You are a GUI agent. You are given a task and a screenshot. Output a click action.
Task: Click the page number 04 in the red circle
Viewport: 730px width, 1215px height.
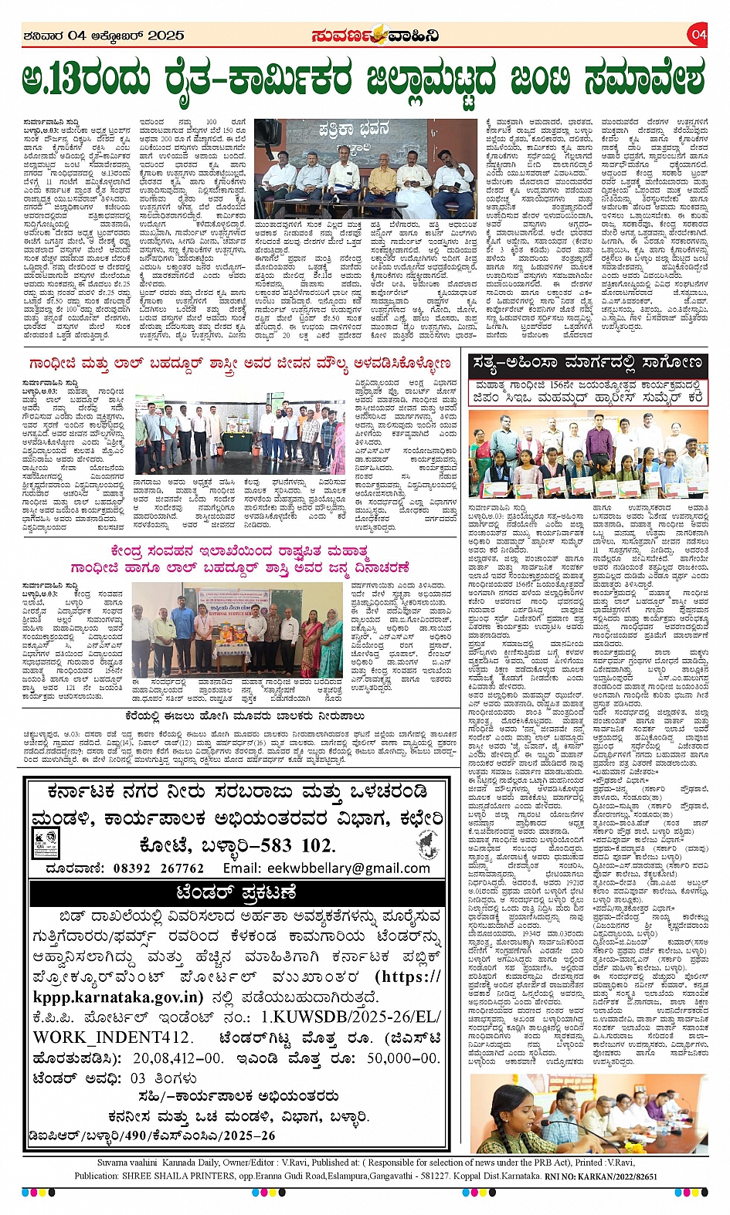pyautogui.click(x=698, y=34)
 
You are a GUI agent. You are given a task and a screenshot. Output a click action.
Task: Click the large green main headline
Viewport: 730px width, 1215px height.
pyautogui.click(x=364, y=79)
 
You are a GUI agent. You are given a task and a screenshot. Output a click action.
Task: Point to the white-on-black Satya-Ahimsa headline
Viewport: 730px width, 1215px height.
pyautogui.click(x=587, y=363)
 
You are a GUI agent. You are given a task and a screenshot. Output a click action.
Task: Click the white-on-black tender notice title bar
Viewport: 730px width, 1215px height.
pyautogui.click(x=236, y=892)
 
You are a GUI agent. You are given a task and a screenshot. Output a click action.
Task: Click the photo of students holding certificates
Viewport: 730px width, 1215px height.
pyautogui.click(x=588, y=455)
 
